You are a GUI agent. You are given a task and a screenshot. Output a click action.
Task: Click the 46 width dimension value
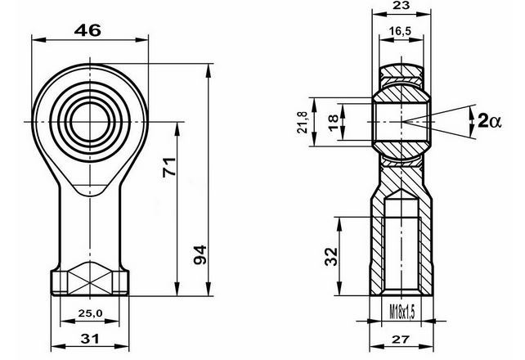[87, 30]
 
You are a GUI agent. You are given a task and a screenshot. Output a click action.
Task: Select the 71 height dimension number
[169, 167]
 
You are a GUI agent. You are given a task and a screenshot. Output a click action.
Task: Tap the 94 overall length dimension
[200, 254]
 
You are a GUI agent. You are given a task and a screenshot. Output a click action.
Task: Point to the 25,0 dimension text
[90, 313]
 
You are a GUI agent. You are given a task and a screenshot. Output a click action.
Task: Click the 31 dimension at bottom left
[90, 339]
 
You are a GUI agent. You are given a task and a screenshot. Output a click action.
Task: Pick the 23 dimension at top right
[402, 6]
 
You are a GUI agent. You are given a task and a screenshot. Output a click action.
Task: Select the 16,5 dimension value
[400, 31]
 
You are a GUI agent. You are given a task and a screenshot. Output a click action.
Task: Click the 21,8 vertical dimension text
[303, 122]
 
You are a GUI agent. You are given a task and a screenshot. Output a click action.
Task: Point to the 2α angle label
[489, 120]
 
